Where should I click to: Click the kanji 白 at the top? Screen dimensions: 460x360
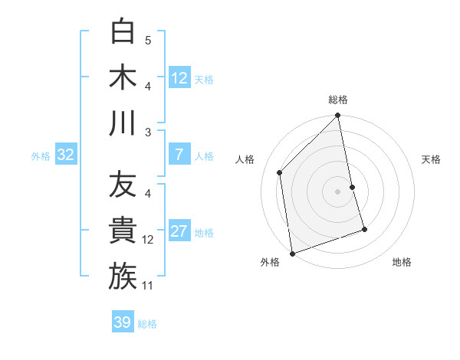point(123,31)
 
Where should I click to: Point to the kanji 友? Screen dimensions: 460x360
point(123,185)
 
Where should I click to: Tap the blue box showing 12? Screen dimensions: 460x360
point(179,78)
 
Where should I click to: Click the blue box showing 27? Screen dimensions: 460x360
point(179,232)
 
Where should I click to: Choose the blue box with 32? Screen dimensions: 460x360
point(66,155)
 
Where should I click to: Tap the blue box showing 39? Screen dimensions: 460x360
point(123,322)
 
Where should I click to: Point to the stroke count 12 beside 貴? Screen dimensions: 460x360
point(148,240)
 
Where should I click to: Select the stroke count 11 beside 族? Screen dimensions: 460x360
point(148,286)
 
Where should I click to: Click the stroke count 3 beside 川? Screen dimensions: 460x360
point(148,133)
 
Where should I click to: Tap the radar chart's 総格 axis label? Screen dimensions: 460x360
point(337,100)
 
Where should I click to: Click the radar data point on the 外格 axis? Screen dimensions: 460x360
point(292,254)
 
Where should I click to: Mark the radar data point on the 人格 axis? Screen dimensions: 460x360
point(280,172)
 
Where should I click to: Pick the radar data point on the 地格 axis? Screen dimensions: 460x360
point(364,229)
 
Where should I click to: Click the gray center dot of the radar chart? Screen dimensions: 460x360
point(337,191)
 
